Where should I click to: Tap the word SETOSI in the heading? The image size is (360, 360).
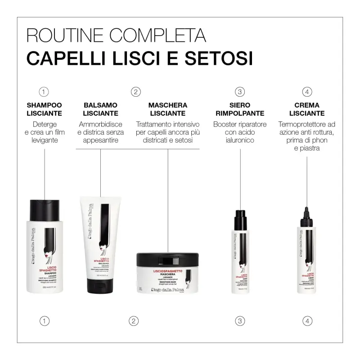click(x=216, y=58)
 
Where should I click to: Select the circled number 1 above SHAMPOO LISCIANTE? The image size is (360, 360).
click(x=44, y=92)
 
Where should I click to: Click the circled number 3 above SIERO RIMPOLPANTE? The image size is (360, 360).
click(x=239, y=92)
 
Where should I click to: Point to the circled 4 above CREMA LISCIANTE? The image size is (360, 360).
click(x=307, y=92)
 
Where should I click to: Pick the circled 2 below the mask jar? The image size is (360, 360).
click(x=133, y=321)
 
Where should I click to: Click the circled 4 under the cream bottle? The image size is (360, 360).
click(x=307, y=321)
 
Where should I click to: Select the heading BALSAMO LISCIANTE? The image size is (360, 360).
click(x=101, y=109)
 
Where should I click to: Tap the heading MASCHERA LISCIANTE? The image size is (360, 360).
click(x=168, y=109)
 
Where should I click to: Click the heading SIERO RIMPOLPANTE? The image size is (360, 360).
click(x=239, y=109)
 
